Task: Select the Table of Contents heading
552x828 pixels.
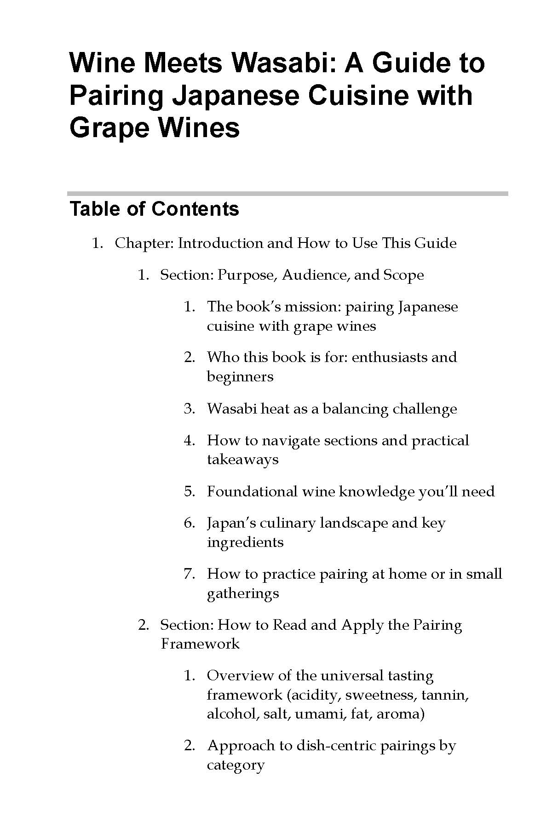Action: (x=154, y=209)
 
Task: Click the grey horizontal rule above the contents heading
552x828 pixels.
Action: (x=287, y=194)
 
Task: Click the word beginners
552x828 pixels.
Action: (x=240, y=377)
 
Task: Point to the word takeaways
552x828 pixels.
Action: (x=242, y=460)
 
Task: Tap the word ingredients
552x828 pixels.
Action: (x=245, y=542)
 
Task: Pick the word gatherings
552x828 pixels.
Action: (x=243, y=593)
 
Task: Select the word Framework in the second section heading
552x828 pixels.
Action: (x=200, y=644)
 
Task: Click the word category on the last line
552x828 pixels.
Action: (x=236, y=765)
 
